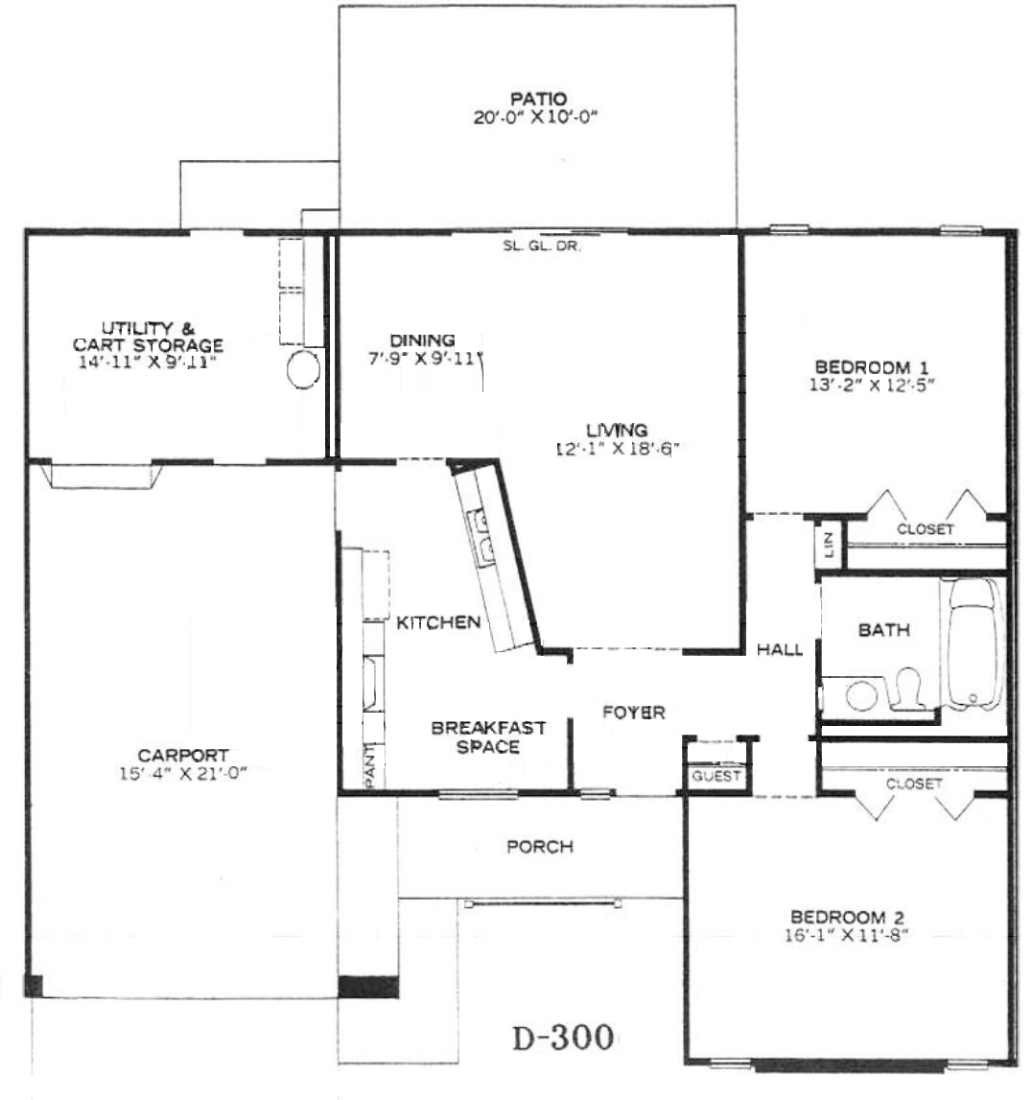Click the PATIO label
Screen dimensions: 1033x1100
tap(538, 98)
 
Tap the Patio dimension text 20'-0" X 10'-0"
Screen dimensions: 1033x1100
tap(535, 117)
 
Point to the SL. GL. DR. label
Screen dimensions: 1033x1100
tap(542, 246)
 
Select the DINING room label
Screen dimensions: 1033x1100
tap(422, 341)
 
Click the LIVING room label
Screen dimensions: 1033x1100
tap(617, 430)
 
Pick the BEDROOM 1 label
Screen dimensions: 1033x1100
tap(872, 367)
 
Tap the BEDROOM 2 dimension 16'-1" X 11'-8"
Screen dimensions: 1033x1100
tap(847, 935)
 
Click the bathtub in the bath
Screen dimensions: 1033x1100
tap(974, 644)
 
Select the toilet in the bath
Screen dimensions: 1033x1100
tap(906, 688)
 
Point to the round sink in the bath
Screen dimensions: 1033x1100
tap(861, 695)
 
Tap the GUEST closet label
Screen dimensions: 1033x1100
tap(716, 776)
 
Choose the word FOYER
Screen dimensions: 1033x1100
tap(634, 713)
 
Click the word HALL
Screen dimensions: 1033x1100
tap(780, 649)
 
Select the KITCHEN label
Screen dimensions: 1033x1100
tap(438, 622)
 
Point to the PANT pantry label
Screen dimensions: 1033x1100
tap(370, 766)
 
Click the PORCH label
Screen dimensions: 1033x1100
tap(540, 847)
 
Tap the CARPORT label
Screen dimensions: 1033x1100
tap(183, 756)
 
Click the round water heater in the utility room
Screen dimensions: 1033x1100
tap(304, 369)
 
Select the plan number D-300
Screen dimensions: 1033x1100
tap(564, 1038)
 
